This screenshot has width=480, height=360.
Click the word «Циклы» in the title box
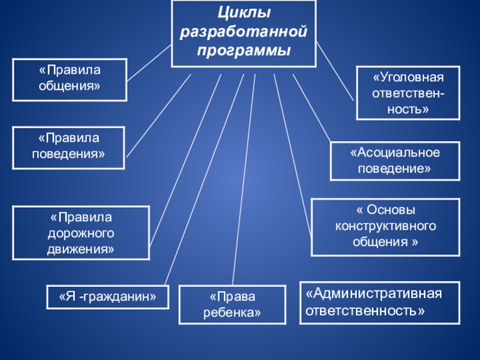(244, 13)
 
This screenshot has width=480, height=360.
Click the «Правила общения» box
(70, 79)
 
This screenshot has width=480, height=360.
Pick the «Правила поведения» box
(70, 147)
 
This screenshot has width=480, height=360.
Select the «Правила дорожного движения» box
(81, 232)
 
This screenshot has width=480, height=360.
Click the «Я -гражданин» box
(108, 296)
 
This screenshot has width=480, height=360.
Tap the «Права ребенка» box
(232, 305)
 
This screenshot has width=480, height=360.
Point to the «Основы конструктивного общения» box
(385, 227)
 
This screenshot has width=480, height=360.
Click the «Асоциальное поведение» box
(395, 161)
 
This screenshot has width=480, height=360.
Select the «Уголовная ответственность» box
(408, 94)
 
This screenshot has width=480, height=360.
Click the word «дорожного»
(81, 232)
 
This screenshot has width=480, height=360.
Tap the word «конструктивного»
(385, 227)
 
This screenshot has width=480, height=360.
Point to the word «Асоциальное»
(395, 153)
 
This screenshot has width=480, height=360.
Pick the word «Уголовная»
(408, 79)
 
